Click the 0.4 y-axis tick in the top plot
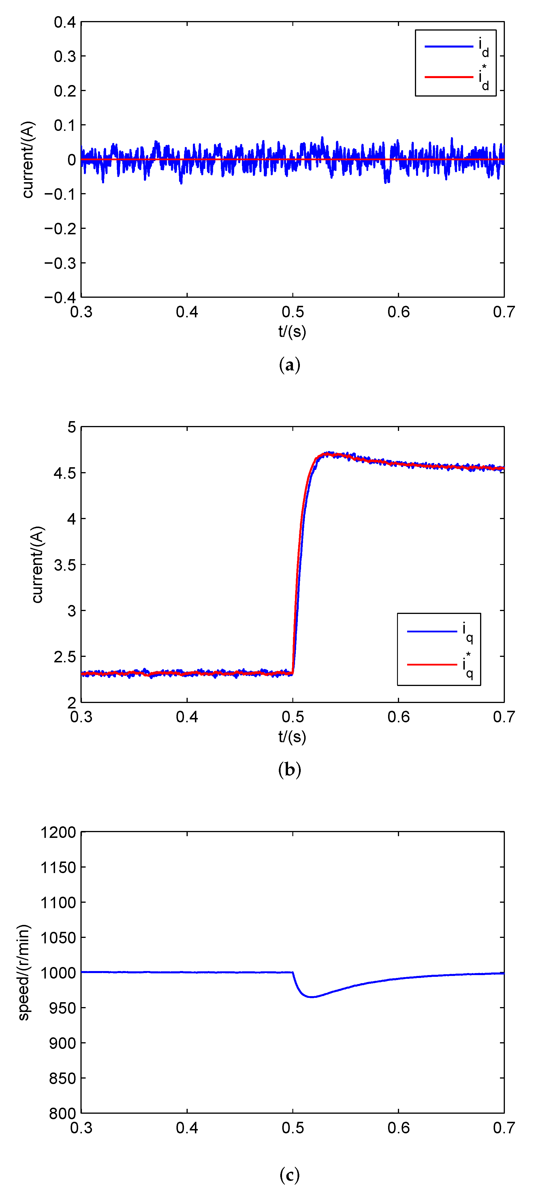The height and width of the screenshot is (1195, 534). coord(65,22)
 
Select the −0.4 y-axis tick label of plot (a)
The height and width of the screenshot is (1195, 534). coord(60,297)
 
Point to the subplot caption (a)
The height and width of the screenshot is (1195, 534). coord(289,365)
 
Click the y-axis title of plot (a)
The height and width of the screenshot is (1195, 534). coord(28,160)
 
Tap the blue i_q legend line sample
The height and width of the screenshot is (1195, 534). coord(432,631)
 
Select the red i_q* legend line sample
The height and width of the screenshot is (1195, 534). coord(432,665)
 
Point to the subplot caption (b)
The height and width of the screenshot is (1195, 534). coord(289,770)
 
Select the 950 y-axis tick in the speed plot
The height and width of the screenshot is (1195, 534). coord(62,1008)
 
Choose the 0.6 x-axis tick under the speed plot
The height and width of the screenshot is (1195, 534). coord(398,1128)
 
